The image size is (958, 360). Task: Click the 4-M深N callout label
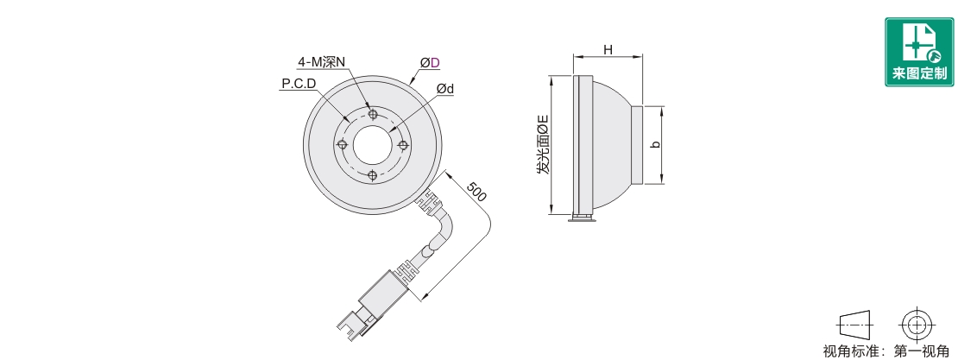[321, 62]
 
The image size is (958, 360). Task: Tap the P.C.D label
[299, 83]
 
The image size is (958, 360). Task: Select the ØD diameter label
[430, 62]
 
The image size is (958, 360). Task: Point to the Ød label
[444, 89]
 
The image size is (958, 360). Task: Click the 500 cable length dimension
[476, 192]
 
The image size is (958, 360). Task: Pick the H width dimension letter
[608, 49]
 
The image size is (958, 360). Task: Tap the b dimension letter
[655, 145]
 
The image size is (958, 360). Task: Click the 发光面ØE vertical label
[543, 144]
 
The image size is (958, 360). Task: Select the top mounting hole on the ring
[373, 114]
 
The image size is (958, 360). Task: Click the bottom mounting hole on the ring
[373, 175]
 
